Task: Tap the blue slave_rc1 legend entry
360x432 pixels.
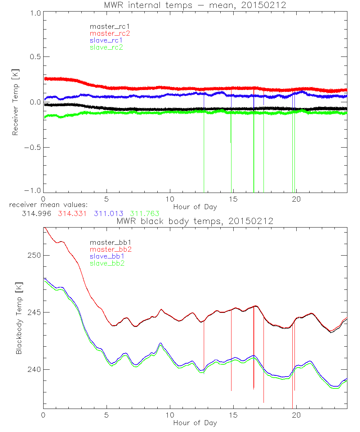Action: (106, 40)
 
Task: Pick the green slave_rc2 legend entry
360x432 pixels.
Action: (106, 47)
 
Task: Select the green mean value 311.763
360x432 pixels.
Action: (145, 213)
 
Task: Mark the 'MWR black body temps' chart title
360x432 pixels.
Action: (195, 221)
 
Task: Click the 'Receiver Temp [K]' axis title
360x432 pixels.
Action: (15, 103)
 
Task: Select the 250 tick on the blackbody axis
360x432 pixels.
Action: (33, 255)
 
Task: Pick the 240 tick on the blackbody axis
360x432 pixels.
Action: (33, 370)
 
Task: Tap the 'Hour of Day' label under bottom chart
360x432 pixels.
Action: (195, 423)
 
